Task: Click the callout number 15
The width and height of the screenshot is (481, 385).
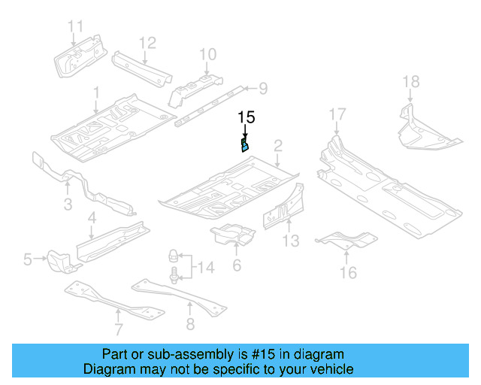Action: click(247, 117)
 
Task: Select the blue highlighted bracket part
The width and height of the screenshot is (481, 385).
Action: click(244, 144)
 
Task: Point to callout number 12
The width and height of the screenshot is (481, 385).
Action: click(147, 42)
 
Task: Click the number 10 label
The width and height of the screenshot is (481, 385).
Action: click(207, 53)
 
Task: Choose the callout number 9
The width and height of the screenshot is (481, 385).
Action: click(262, 89)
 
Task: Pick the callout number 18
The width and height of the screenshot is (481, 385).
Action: click(410, 82)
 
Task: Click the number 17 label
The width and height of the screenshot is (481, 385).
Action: click(337, 114)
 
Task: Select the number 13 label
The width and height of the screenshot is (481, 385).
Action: click(291, 241)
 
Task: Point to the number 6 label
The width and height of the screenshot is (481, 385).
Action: click(236, 265)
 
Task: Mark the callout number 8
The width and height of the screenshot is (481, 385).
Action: click(190, 324)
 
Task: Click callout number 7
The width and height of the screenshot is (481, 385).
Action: click(118, 328)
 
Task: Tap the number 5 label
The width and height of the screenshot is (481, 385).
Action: click(28, 260)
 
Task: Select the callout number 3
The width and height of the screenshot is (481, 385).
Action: click(68, 205)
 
